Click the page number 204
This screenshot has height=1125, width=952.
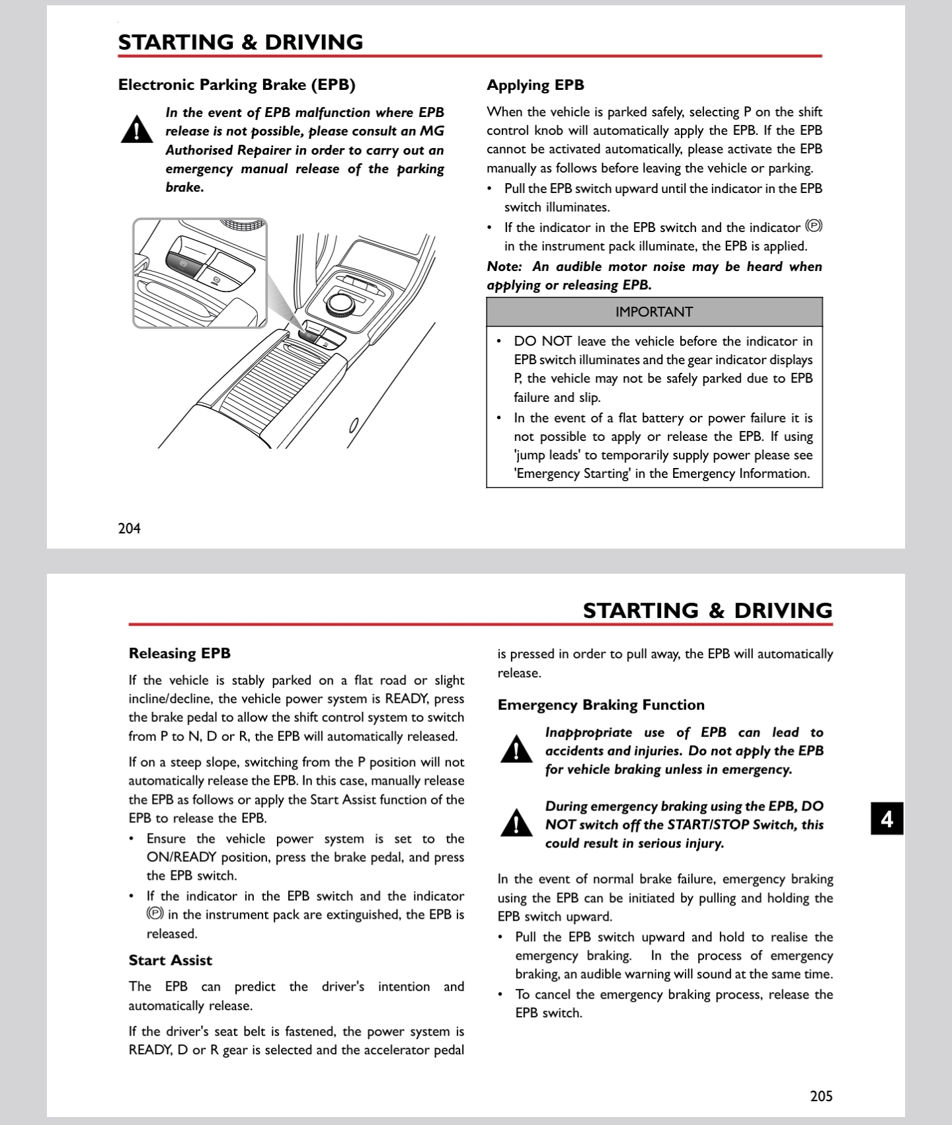[x=129, y=528]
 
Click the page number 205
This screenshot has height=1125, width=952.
[x=821, y=1095]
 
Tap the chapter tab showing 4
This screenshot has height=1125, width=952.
[x=887, y=819]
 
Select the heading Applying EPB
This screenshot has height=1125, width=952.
[x=535, y=85]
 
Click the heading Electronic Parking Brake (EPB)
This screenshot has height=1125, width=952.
[x=237, y=85]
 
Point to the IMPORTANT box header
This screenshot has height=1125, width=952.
[x=654, y=312]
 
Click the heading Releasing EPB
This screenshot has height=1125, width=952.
[x=180, y=654]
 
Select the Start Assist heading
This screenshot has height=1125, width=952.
[x=171, y=960]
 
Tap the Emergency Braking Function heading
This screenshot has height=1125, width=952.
[x=601, y=705]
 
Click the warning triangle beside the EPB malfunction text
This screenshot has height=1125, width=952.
[x=137, y=130]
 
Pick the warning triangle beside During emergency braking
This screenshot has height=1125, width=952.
[x=516, y=824]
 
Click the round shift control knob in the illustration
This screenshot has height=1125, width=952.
[x=340, y=303]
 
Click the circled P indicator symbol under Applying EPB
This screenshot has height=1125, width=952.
[x=814, y=227]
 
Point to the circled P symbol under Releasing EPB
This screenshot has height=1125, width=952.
[x=155, y=914]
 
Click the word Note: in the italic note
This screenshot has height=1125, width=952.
[x=504, y=267]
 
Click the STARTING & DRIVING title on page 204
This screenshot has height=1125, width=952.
[x=241, y=42]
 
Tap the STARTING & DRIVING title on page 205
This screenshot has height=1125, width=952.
[x=707, y=610]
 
